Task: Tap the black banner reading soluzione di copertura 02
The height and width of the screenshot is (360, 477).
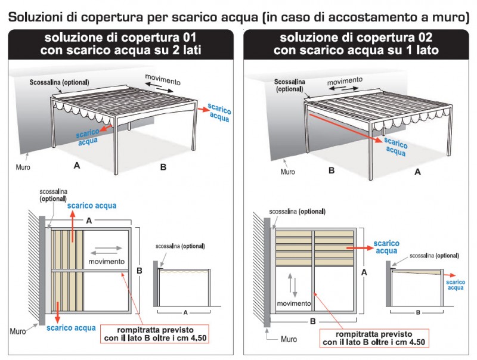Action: click(356, 44)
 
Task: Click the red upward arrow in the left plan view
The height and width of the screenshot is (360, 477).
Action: click(73, 226)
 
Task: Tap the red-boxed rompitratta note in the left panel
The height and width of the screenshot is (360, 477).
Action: click(160, 334)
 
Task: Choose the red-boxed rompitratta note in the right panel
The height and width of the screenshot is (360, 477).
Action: click(374, 338)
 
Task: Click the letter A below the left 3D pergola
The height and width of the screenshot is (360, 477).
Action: click(76, 166)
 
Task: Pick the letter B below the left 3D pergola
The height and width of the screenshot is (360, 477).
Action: click(163, 167)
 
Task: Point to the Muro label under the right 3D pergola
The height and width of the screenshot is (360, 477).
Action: click(287, 172)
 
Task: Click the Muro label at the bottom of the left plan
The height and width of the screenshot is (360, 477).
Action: click(18, 330)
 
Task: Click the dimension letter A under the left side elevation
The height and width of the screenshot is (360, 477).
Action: click(185, 312)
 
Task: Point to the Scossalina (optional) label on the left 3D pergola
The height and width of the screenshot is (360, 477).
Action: click(59, 82)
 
